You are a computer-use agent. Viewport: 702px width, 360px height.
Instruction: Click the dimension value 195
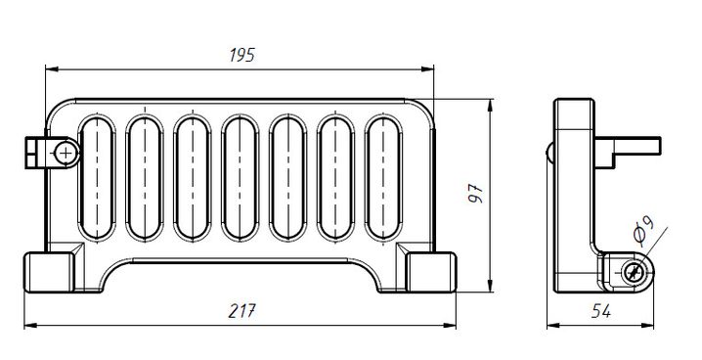tap(242, 55)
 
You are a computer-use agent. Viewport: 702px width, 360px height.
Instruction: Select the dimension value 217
tap(242, 311)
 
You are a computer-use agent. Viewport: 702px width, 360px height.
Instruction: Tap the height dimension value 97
tap(476, 193)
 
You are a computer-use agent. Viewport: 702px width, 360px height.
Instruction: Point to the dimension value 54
tap(601, 311)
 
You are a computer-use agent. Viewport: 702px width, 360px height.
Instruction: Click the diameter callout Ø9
tap(643, 230)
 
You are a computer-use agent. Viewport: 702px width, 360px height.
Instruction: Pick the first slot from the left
tap(97, 178)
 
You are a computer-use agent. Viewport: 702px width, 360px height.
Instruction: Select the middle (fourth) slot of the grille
tap(241, 178)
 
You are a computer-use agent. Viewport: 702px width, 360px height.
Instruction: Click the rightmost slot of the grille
tap(383, 178)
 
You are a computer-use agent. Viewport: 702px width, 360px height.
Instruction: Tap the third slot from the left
tap(193, 178)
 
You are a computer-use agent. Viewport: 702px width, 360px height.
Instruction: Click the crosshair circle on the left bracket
tap(66, 154)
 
